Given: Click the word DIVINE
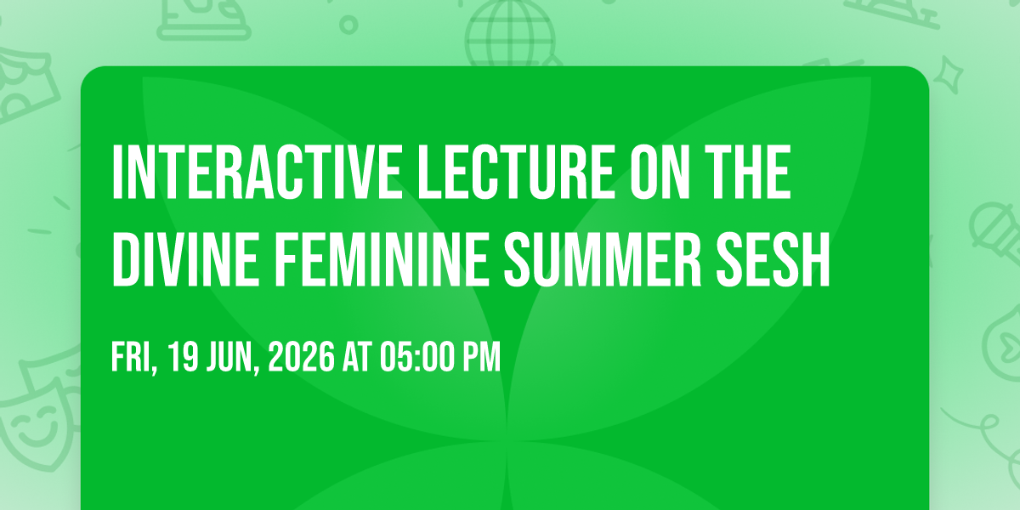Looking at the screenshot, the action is (x=186, y=259).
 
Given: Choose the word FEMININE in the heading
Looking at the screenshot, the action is (x=382, y=259).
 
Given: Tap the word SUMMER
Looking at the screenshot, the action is (x=603, y=259).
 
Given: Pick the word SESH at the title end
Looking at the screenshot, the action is (x=773, y=259).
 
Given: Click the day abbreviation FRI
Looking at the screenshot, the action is (x=134, y=358).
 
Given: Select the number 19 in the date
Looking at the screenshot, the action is (x=183, y=357).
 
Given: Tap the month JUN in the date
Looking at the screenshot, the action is (x=233, y=358).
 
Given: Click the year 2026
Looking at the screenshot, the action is (x=302, y=357).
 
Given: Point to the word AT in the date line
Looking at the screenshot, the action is (x=358, y=357).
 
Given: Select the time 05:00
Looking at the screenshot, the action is (x=417, y=357).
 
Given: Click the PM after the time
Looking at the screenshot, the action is (x=482, y=357).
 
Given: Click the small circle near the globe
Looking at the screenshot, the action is (x=348, y=25).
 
